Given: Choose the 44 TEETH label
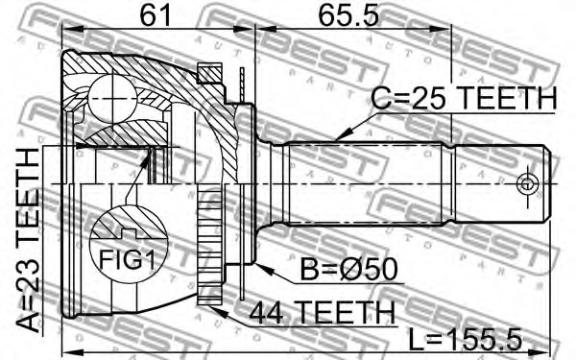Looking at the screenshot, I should [x=322, y=312].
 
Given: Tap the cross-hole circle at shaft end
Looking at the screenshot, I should [x=525, y=181].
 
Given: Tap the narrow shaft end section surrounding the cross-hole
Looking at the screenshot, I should [x=499, y=181].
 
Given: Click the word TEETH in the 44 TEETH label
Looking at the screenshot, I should [x=346, y=312].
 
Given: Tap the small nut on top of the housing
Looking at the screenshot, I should [x=209, y=69].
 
